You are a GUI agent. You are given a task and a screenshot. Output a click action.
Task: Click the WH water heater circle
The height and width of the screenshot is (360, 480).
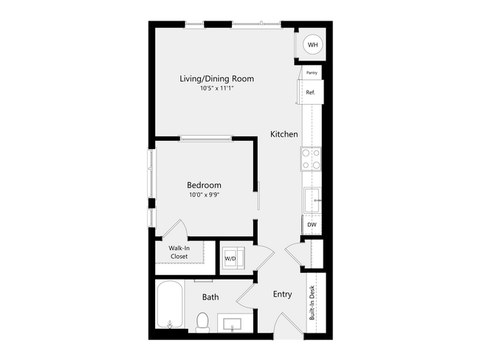(x=312, y=45)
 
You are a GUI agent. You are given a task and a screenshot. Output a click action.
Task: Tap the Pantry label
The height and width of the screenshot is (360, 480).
(x=312, y=73)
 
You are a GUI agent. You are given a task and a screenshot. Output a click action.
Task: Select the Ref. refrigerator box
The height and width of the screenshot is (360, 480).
(x=310, y=91)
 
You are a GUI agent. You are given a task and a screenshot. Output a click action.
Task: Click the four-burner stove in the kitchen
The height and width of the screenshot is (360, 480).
(x=311, y=159)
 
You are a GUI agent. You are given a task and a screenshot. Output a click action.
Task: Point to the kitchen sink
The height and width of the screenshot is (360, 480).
(x=312, y=201)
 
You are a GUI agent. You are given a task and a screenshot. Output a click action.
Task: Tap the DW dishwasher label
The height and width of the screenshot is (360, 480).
(x=312, y=225)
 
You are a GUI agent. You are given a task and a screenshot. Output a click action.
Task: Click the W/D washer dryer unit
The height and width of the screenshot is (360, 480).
(x=233, y=258)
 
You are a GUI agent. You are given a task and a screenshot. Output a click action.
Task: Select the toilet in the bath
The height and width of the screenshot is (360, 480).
(x=202, y=322)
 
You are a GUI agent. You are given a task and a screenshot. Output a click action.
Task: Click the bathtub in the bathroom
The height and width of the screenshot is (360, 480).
(x=170, y=305)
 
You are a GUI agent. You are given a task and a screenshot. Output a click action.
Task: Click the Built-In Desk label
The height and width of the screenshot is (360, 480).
(x=312, y=302)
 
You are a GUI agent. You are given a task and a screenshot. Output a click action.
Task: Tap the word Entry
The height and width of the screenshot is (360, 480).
(x=282, y=294)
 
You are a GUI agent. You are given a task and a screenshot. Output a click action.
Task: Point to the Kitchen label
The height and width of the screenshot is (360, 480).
(x=284, y=134)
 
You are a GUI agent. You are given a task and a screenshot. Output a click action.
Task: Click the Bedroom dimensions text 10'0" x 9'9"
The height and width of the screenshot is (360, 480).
(x=204, y=195)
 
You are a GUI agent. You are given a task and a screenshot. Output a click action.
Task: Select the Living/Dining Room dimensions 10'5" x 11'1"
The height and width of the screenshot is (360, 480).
(x=216, y=88)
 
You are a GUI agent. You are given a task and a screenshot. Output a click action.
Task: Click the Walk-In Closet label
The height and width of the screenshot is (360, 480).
(x=179, y=252)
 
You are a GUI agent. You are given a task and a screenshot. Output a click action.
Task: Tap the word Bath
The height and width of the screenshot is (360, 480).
(x=210, y=297)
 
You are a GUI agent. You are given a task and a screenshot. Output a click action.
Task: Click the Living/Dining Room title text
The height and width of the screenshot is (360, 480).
(x=216, y=79)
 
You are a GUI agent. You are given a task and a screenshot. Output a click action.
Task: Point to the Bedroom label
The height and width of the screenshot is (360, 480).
(x=204, y=185)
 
